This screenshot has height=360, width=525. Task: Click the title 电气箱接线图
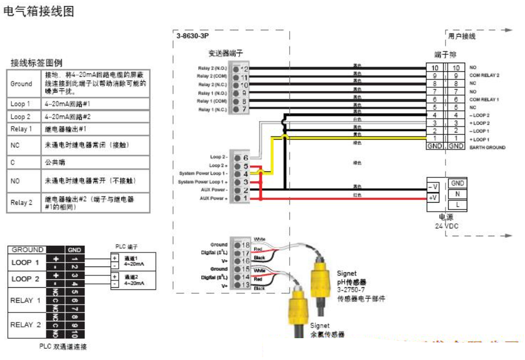click(x=39, y=11)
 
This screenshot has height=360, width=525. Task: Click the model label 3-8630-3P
click(x=193, y=36)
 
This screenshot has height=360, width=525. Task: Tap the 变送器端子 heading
click(x=226, y=53)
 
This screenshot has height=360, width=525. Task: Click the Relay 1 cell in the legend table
click(x=21, y=129)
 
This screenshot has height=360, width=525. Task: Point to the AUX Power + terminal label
click(x=212, y=199)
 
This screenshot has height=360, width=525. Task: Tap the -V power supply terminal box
click(x=433, y=186)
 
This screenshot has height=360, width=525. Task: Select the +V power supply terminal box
click(x=433, y=198)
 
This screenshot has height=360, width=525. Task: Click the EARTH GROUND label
click(x=487, y=147)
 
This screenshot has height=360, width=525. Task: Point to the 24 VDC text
click(x=447, y=226)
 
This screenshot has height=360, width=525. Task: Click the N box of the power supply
click(x=458, y=194)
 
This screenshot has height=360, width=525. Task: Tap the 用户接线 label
click(x=462, y=36)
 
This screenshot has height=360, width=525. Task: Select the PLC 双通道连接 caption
click(x=63, y=347)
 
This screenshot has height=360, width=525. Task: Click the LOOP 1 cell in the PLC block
click(x=25, y=262)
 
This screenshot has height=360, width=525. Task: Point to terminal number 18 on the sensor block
click(x=245, y=245)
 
